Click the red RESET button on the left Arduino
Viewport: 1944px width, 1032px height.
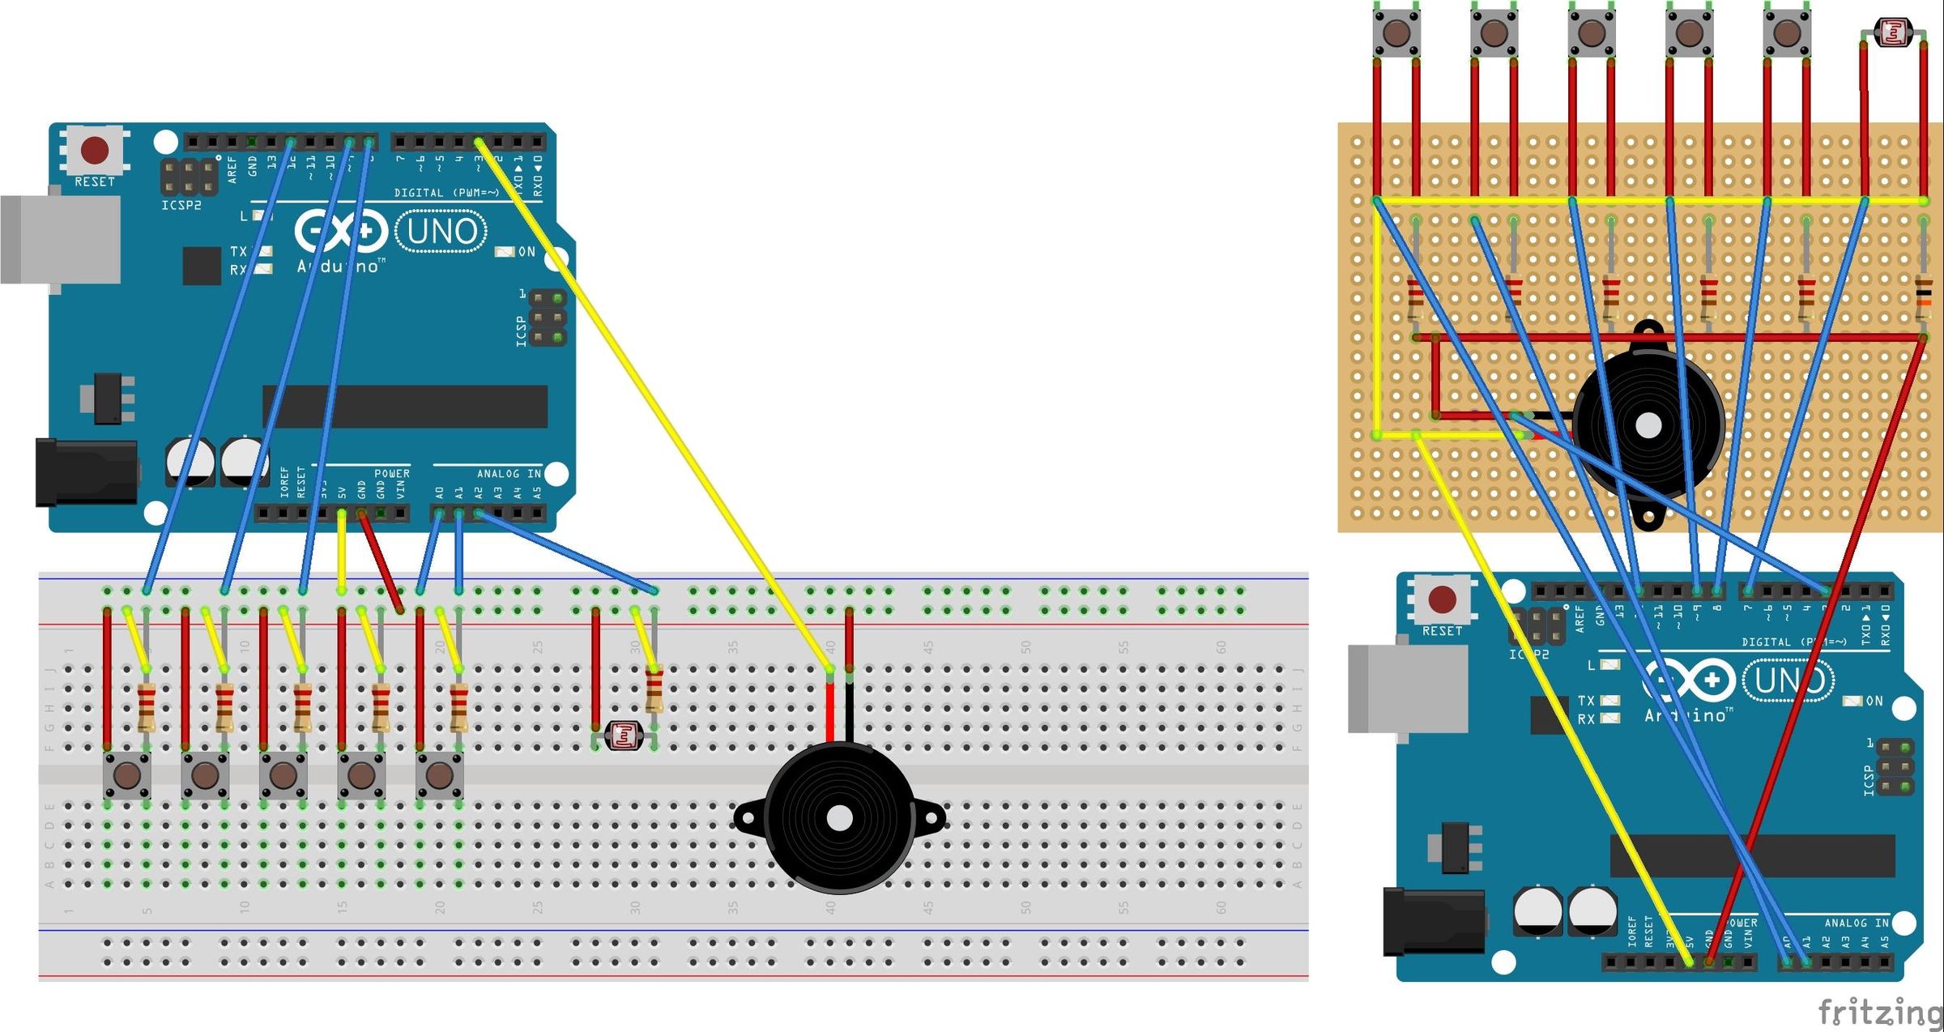pos(95,150)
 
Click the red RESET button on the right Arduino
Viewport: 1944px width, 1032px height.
pos(1443,599)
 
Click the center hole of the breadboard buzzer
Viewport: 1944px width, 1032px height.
pos(840,819)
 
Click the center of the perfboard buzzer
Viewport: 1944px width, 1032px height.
pos(1648,425)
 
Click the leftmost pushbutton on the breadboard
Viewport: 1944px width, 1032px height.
pos(127,775)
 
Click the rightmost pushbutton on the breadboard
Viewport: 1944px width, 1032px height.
pos(439,775)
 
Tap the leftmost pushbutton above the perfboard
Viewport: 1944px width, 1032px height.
pos(1396,33)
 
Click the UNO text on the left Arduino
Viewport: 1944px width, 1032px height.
pos(441,232)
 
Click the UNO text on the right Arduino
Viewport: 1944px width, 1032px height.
pos(1788,680)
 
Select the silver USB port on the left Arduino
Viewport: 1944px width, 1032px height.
pos(61,239)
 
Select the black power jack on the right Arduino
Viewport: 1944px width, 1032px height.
pos(1434,922)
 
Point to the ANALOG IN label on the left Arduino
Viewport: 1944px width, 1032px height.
pos(508,474)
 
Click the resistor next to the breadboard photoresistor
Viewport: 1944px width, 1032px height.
pos(654,689)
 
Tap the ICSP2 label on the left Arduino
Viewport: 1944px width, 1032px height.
pos(181,206)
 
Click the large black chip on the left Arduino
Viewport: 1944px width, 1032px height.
pos(405,406)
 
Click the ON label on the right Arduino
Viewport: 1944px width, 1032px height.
pos(1874,701)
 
